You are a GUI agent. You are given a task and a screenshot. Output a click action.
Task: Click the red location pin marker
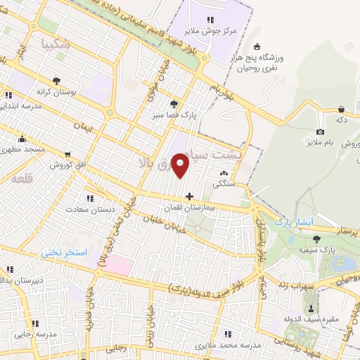point(181,166)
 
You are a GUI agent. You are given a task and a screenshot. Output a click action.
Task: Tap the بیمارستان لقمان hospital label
point(188,208)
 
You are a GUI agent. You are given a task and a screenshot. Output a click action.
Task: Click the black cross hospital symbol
point(188,195)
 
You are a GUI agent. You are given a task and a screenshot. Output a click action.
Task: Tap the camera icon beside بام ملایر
point(321,131)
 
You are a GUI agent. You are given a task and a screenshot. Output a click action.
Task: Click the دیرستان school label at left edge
point(13,280)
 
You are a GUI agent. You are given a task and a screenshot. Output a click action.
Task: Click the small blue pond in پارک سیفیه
point(345,264)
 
